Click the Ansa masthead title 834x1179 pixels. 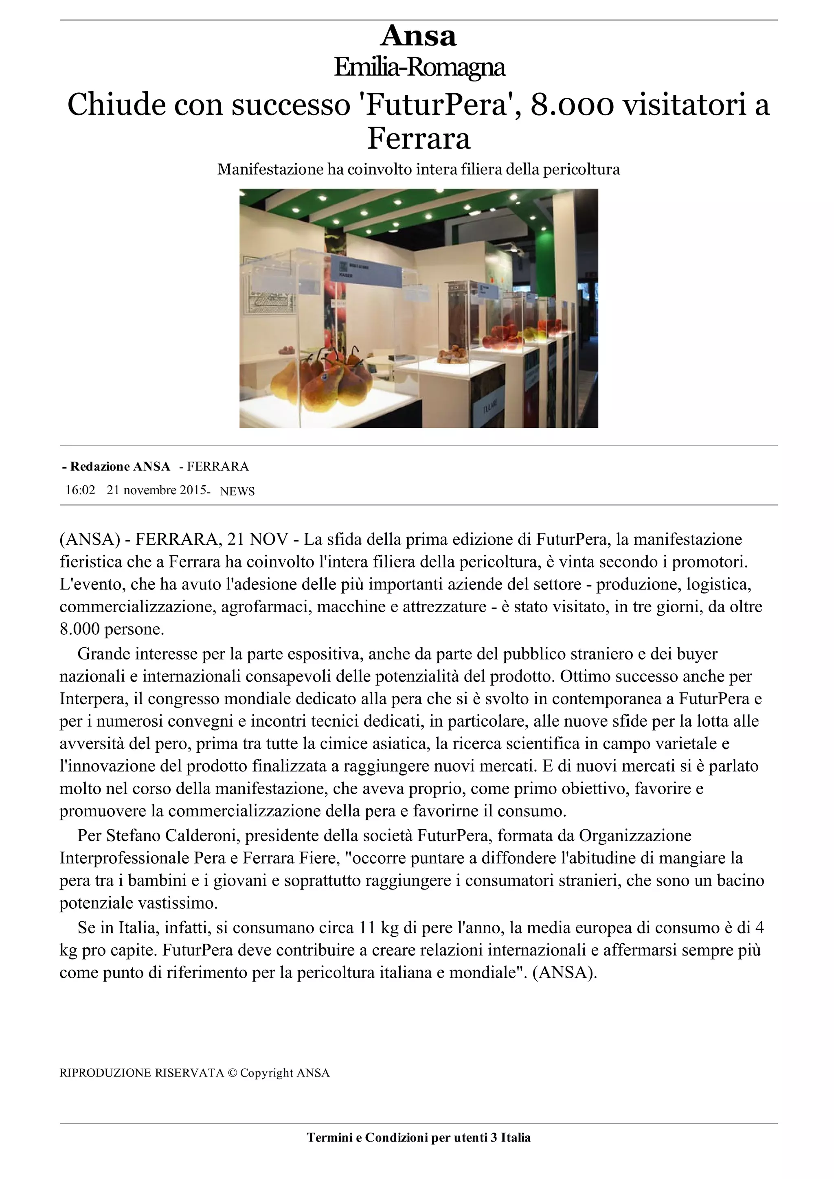(x=418, y=36)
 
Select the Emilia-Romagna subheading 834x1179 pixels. (x=419, y=67)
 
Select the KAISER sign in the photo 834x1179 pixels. (x=345, y=275)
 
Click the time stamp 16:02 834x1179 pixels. (x=80, y=490)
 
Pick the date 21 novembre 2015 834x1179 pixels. (x=157, y=490)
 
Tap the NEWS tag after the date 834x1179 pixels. (x=237, y=491)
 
